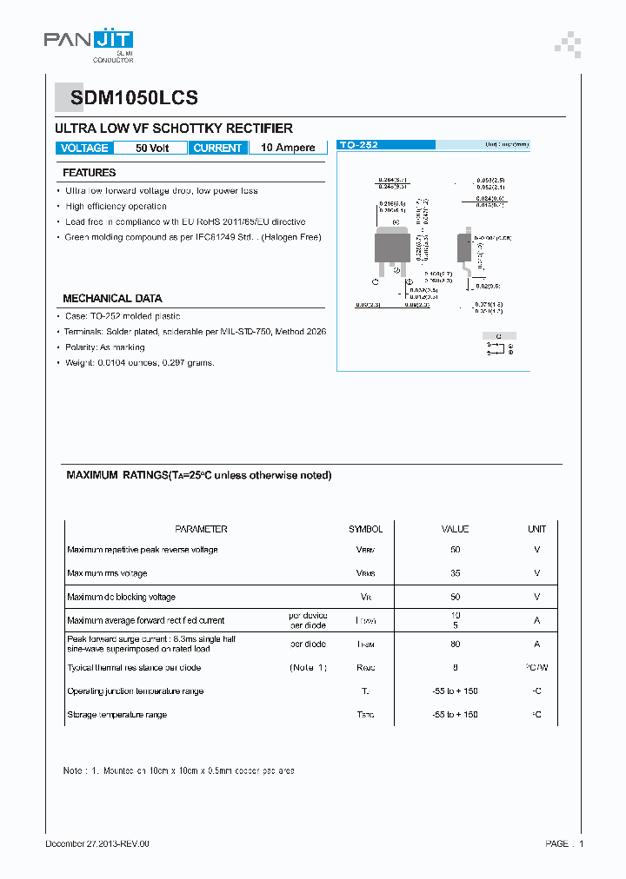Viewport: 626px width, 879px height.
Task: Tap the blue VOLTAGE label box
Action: tap(84, 148)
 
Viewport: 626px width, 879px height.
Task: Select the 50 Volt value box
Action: tap(152, 148)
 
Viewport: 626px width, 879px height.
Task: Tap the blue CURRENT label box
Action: tap(217, 148)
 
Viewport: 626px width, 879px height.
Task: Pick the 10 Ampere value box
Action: tap(288, 148)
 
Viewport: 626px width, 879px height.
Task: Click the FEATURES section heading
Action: tap(89, 173)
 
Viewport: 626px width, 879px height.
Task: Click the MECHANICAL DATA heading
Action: tap(112, 298)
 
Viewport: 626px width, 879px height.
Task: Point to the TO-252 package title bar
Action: tap(385, 145)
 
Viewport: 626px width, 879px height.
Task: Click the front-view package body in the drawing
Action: tap(392, 246)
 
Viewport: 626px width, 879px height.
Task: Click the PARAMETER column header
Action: tap(201, 529)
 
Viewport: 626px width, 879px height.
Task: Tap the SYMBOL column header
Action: tap(365, 529)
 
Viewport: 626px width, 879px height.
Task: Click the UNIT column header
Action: tap(536, 529)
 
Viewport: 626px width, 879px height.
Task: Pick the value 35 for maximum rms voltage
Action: tap(455, 573)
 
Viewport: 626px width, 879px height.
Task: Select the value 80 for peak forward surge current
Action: tap(455, 644)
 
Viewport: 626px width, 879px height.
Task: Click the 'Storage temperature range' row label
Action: tap(117, 715)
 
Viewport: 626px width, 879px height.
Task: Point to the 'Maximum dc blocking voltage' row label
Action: tap(121, 597)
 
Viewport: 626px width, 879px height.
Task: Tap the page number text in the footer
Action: tap(564, 843)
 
